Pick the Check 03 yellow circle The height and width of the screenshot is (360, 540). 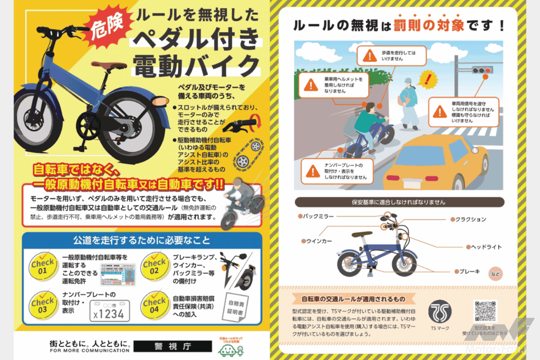pyautogui.click(x=43, y=306)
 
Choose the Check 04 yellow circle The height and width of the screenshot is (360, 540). pyautogui.click(x=155, y=306)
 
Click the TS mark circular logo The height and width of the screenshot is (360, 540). pyautogui.click(x=439, y=313)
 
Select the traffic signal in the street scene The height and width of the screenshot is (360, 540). pyautogui.click(x=482, y=69)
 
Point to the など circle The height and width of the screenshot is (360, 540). pyautogui.click(x=496, y=274)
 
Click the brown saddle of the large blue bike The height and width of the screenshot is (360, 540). pyautogui.click(x=109, y=66)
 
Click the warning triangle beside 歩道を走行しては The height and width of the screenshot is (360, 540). pyautogui.click(x=372, y=55)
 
